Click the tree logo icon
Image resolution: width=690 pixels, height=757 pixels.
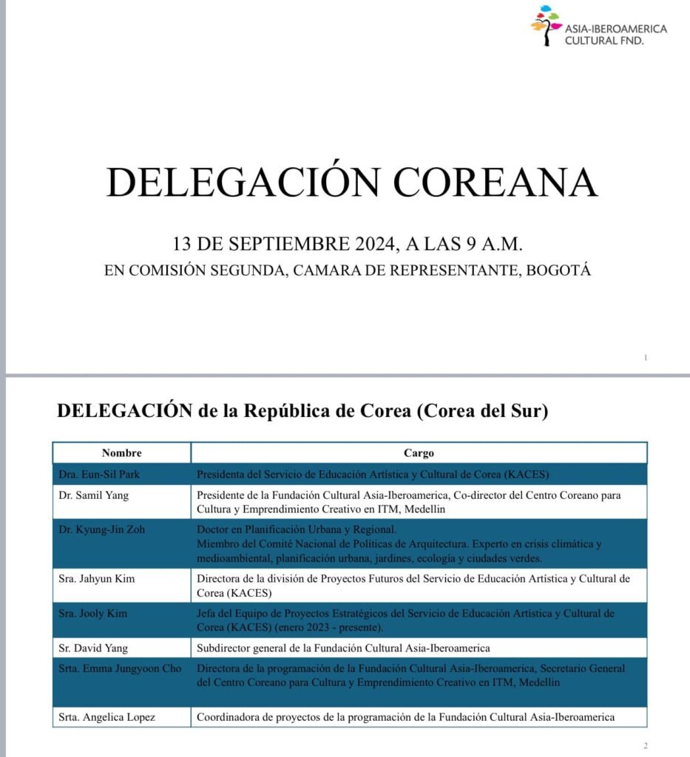click(546, 26)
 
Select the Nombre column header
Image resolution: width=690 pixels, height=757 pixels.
click(121, 452)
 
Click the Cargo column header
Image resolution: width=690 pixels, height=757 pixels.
click(419, 452)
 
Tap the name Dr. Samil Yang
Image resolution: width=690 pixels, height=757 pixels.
click(93, 495)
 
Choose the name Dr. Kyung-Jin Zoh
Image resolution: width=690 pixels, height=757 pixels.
click(98, 530)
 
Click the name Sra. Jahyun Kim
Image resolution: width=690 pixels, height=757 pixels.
click(96, 578)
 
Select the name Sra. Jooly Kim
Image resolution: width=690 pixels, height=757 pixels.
click(93, 614)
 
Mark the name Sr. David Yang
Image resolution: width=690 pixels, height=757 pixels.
click(92, 648)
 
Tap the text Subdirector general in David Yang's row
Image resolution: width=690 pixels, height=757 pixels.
click(242, 648)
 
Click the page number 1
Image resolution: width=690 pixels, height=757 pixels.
click(646, 358)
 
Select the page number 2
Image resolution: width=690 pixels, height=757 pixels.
click(646, 745)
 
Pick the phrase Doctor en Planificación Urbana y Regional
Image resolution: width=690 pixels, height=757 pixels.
click(297, 530)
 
